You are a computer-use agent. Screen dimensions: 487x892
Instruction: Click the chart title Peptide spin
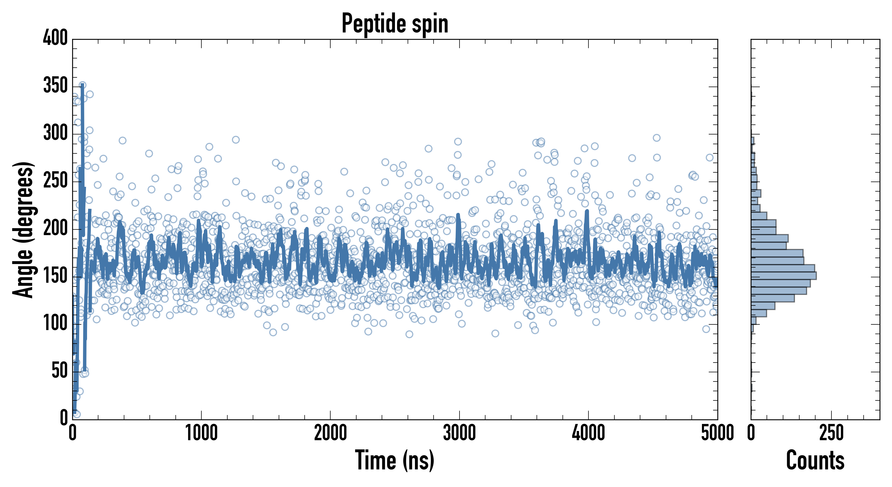pos(395,24)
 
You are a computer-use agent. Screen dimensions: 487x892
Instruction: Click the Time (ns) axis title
pos(395,460)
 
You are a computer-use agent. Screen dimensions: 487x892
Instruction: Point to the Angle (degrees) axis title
pos(23,229)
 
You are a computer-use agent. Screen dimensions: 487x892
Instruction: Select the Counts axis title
pos(815,460)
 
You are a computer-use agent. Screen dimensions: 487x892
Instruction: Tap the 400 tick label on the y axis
pos(55,37)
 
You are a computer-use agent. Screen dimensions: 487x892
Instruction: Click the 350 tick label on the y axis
pos(55,85)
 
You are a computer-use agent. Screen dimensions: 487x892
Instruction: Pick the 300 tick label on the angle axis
pos(55,133)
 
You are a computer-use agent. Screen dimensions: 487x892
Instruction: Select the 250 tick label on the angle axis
pos(55,180)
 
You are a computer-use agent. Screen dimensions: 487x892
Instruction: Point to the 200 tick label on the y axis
pos(55,228)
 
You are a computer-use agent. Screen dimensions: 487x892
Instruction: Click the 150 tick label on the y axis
pos(55,276)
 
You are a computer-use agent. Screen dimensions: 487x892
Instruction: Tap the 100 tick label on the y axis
pos(55,323)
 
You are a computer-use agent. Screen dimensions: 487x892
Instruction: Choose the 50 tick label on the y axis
pos(59,371)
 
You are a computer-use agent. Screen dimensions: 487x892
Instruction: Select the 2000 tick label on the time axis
pos(330,433)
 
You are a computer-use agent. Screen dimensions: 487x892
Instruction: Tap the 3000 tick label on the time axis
pos(460,433)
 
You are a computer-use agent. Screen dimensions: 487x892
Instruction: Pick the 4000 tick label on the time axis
pos(588,433)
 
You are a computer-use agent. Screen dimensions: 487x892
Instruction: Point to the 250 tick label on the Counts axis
pos(831,433)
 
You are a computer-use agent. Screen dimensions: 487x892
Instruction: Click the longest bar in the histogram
pos(784,276)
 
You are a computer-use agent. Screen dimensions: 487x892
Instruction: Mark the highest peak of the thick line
pos(82,85)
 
